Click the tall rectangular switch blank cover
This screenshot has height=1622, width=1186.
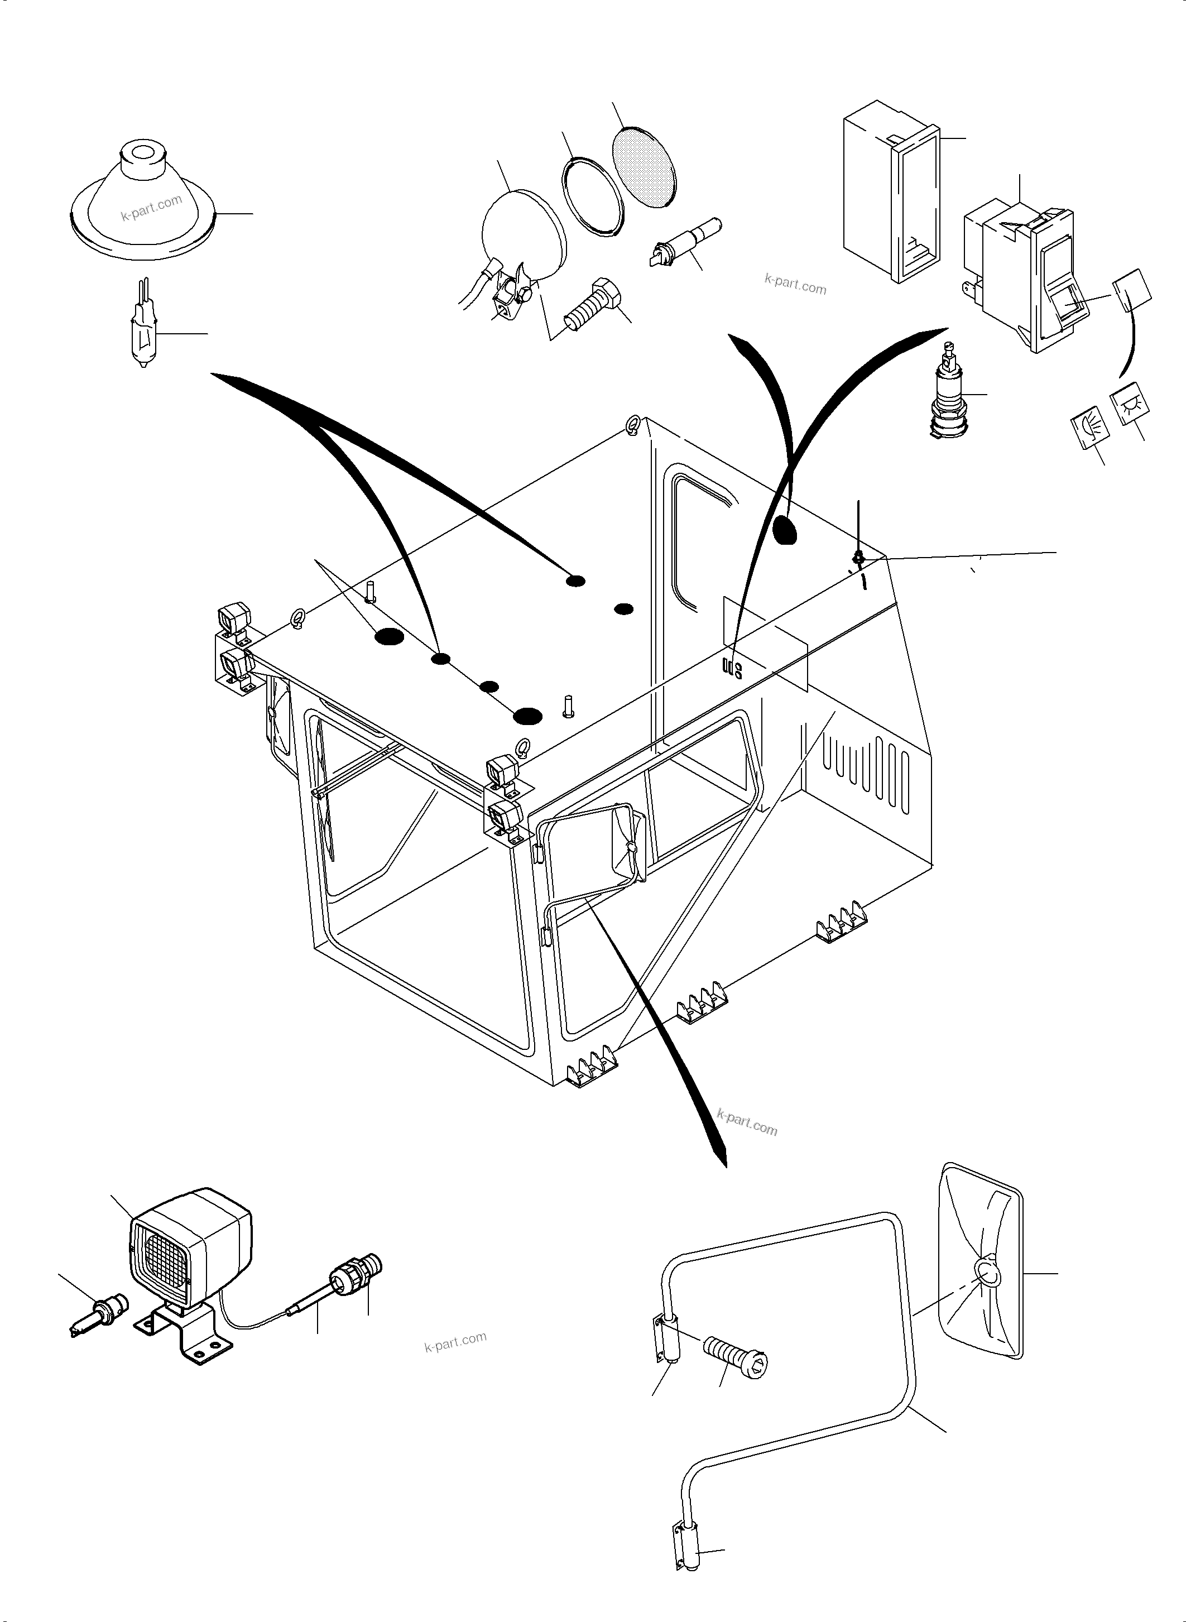coord(890,190)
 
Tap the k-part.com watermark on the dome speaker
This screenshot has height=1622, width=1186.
coord(151,208)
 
